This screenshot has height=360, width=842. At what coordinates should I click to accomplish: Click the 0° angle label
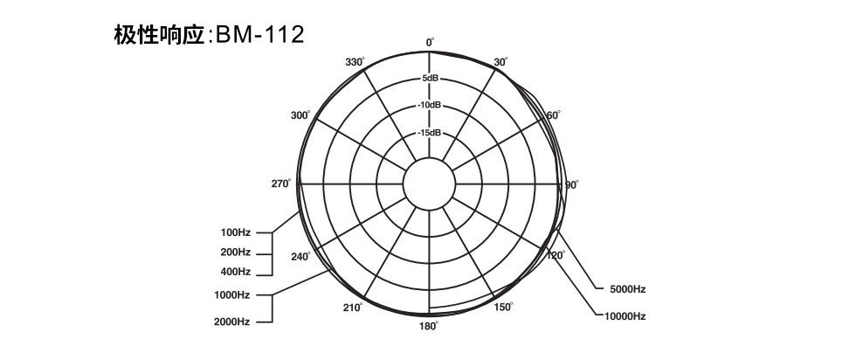(x=430, y=42)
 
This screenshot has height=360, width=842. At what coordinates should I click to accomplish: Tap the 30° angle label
(x=500, y=62)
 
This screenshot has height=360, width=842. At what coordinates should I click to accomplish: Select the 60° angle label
(x=554, y=115)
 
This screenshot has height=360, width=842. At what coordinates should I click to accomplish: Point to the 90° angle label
(x=572, y=185)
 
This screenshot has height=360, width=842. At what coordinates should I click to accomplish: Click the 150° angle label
(x=503, y=307)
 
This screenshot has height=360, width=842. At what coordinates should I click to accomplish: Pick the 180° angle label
(x=429, y=326)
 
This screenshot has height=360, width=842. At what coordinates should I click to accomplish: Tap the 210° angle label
(x=353, y=308)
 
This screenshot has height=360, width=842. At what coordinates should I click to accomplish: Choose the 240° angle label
(x=301, y=256)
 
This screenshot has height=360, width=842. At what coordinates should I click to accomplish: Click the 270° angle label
(x=281, y=183)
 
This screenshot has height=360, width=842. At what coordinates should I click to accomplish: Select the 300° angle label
(x=300, y=115)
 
